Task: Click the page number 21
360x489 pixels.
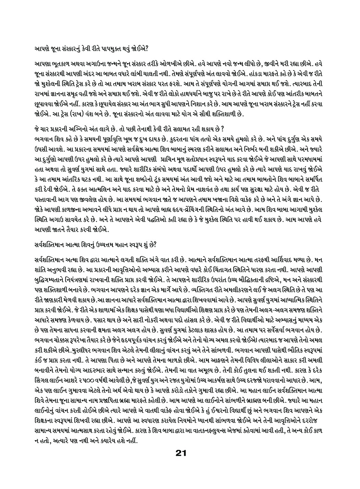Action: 180,453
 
